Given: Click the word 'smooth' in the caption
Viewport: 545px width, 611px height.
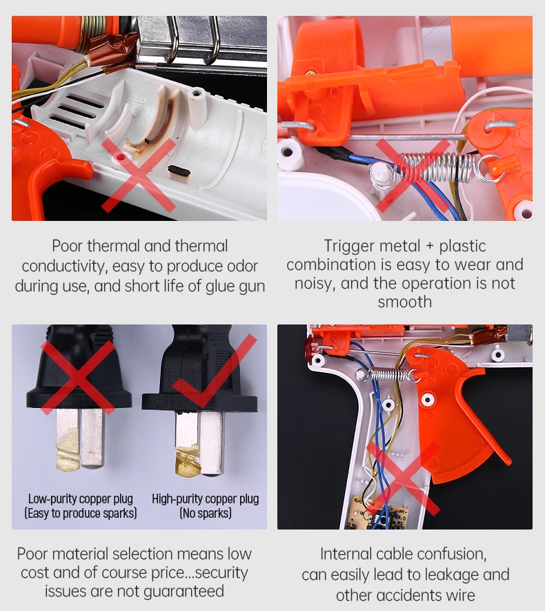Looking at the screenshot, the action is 405,302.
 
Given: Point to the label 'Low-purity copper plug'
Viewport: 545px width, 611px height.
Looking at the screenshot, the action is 81,499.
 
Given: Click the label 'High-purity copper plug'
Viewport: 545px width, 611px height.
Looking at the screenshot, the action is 205,499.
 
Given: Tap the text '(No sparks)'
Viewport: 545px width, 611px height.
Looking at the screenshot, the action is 206,513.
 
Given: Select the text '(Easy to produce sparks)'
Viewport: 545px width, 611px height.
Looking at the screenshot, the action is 81,513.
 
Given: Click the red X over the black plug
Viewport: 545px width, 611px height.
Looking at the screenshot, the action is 78,377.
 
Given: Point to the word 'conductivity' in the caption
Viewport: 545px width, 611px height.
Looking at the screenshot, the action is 64,266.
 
